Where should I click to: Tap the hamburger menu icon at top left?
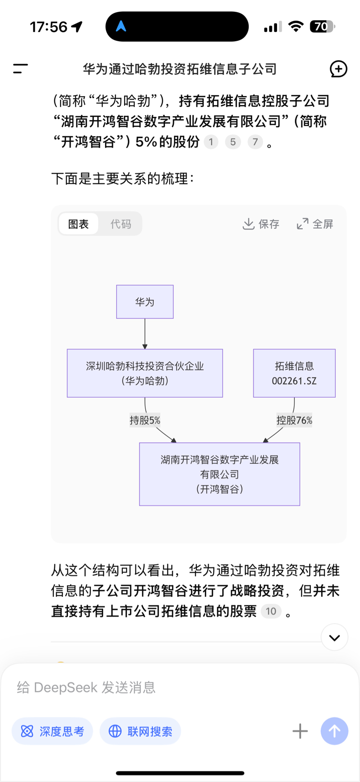coord(20,69)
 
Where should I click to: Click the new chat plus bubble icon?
coord(338,69)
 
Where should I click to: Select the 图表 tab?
coord(78,224)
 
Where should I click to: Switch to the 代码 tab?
coord(121,224)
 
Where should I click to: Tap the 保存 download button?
coord(261,224)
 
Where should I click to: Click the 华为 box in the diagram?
coord(145,302)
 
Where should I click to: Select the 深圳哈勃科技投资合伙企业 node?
coord(145,373)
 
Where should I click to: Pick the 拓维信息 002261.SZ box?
coord(294,373)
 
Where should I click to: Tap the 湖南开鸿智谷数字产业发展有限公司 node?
coord(220,474)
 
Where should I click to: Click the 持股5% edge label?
coord(145,420)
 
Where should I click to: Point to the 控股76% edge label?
coord(294,420)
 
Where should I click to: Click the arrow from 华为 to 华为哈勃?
coord(145,334)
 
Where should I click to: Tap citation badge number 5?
coord(233,142)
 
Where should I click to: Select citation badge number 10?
coord(271,611)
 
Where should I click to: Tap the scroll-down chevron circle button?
coord(335,638)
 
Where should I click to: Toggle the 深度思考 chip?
coord(52,731)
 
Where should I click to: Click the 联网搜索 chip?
coord(140,731)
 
